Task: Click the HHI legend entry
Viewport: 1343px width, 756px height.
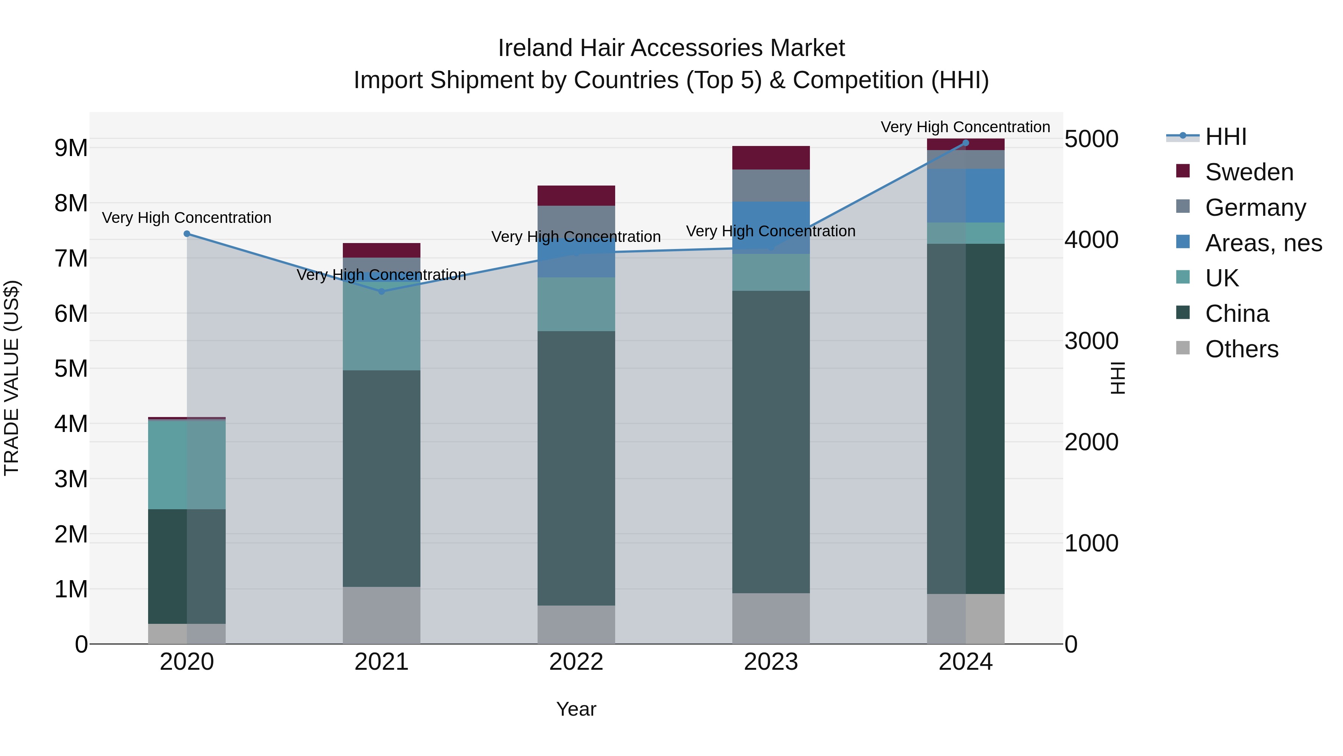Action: (x=1225, y=137)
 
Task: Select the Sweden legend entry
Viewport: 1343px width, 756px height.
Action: (x=1249, y=172)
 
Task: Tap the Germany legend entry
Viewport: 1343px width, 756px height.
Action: (x=1255, y=208)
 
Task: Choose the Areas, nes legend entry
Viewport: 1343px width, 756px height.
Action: (x=1263, y=243)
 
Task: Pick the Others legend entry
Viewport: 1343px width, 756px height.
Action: (x=1241, y=349)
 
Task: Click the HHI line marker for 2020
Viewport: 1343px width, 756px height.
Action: (x=187, y=234)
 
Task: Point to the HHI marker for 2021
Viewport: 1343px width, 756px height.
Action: (x=381, y=292)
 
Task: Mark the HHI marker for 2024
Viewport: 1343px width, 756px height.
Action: (x=965, y=143)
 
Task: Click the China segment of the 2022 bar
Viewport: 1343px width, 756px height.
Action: (x=576, y=468)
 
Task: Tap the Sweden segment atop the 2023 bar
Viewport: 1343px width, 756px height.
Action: (x=771, y=158)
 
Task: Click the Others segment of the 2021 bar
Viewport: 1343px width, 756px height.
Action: (x=381, y=615)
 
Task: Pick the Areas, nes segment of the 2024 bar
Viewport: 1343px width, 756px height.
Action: (x=965, y=196)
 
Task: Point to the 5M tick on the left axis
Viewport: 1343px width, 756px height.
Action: (x=71, y=369)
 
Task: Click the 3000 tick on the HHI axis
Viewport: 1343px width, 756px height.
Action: (x=1091, y=341)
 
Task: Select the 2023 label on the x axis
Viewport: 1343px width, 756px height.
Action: (x=771, y=662)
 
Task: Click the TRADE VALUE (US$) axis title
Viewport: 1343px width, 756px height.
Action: (x=12, y=378)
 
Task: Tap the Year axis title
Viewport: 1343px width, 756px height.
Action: (x=576, y=709)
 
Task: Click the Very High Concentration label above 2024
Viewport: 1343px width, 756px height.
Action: (x=965, y=127)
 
